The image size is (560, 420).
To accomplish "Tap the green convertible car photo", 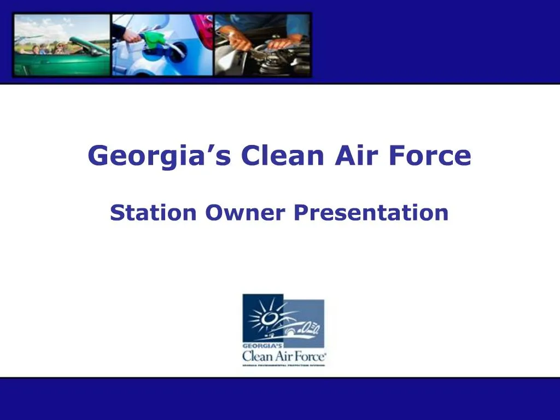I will pos(61,45).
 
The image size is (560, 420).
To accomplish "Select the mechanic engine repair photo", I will pos(262,45).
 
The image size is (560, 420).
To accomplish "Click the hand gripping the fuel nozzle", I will pos(131,36).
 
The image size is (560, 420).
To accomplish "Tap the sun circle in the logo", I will pos(268,318).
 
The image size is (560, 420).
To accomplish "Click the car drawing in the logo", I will pos(298,328).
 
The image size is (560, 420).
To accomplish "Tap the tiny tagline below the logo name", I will pos(284,365).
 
